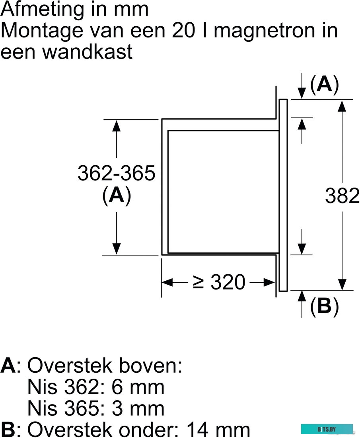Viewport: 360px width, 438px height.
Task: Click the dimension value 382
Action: (x=342, y=196)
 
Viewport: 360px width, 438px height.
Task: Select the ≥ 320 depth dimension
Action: (x=218, y=282)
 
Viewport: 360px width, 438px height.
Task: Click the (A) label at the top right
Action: (x=324, y=85)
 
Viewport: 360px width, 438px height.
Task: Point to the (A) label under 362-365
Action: (x=116, y=196)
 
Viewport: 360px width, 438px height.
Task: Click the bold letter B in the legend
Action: (x=8, y=429)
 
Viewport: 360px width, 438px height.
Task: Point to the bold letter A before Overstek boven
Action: (x=8, y=366)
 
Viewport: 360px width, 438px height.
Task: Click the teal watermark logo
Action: (x=327, y=429)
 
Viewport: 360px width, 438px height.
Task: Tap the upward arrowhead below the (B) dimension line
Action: (x=302, y=296)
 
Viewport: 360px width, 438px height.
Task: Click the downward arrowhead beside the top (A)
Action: (x=302, y=93)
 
